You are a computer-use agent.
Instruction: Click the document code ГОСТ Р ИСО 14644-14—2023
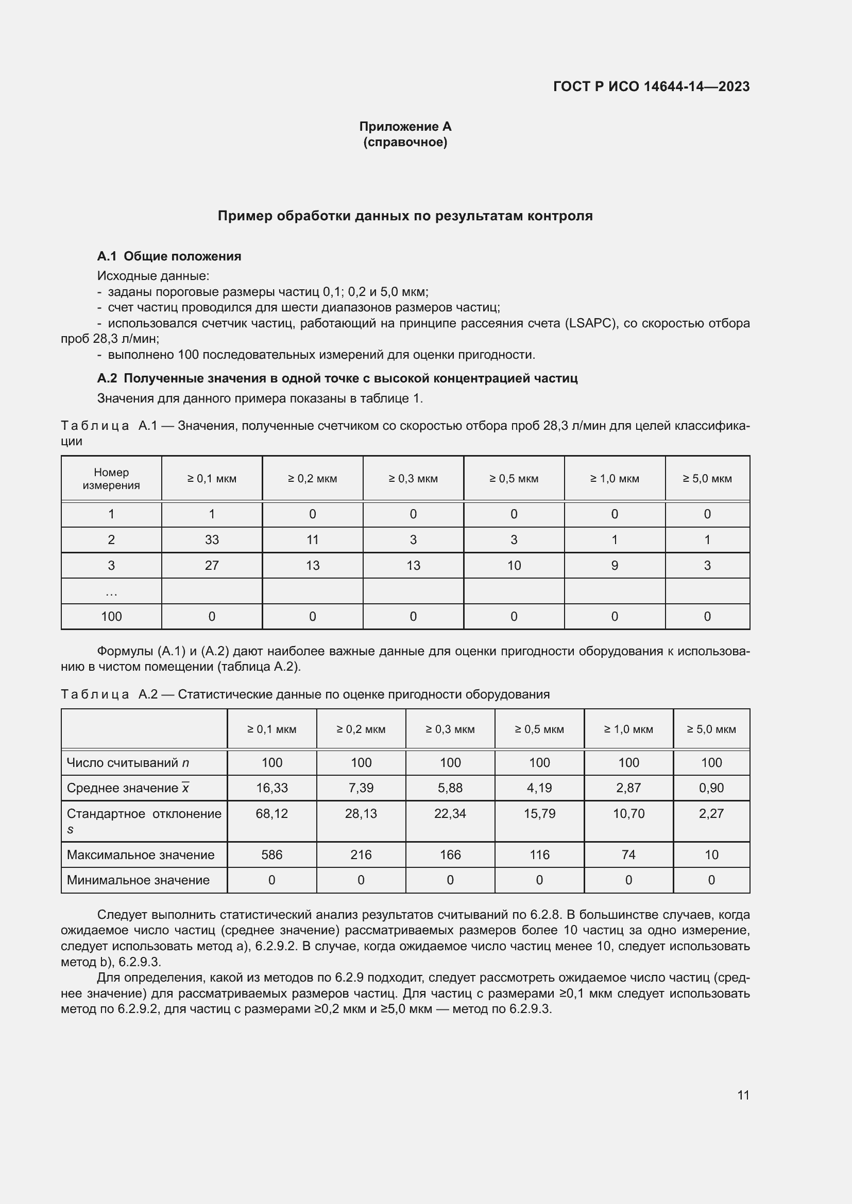click(x=651, y=86)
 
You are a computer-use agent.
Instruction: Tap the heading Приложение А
click(x=405, y=127)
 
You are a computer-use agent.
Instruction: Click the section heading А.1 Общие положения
click(x=169, y=256)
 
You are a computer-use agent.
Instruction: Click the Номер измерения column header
click(x=111, y=478)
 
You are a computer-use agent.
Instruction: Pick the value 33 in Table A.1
click(x=211, y=539)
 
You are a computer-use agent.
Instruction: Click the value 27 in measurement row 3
click(x=211, y=565)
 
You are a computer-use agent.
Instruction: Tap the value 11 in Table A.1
click(x=312, y=539)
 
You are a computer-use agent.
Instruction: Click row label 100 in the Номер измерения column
click(x=111, y=616)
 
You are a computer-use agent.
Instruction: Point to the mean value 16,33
click(x=271, y=788)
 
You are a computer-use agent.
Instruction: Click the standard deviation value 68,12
click(x=271, y=813)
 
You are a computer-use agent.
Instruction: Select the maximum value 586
click(x=271, y=855)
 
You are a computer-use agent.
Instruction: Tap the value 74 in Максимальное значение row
click(x=628, y=855)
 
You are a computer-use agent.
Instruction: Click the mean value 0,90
click(x=711, y=788)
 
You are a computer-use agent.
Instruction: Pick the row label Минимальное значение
click(x=138, y=880)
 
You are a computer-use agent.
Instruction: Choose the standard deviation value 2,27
click(x=711, y=813)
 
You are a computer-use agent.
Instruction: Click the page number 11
click(x=743, y=1095)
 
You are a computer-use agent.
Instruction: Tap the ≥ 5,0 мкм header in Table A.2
click(x=711, y=729)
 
